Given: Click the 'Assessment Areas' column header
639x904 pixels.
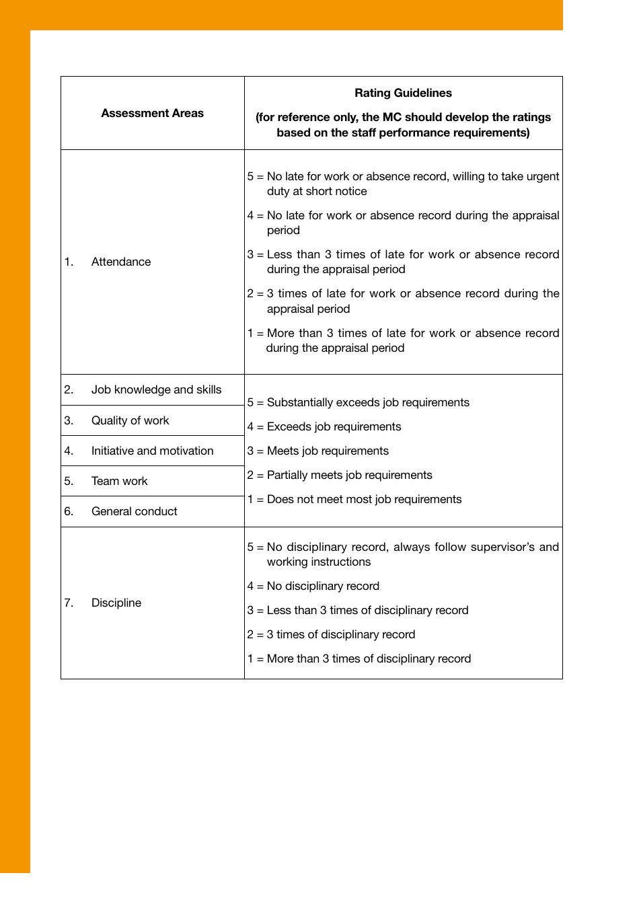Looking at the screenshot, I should coord(152,113).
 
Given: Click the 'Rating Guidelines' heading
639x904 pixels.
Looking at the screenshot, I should coord(403,93).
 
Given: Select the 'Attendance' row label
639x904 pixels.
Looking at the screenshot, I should coord(121,262).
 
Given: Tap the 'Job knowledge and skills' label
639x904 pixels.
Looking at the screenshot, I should coord(156,389).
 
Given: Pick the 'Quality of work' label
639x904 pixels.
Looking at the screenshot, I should coord(130,420).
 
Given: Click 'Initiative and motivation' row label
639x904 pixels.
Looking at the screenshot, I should coord(152,451).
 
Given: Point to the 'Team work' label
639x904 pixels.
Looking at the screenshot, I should coord(119,481).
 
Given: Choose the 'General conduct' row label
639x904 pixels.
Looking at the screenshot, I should coord(134,511).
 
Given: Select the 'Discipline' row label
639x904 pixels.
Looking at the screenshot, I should coord(116,603).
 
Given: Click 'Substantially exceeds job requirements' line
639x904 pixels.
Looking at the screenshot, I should coord(368,402).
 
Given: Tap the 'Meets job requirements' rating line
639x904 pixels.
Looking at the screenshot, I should coord(328,451).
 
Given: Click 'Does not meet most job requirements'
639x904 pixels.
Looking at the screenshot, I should coord(364,499).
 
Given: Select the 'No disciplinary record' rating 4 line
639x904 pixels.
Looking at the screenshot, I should coord(323,586).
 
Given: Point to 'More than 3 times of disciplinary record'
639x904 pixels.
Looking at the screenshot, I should coord(369,658).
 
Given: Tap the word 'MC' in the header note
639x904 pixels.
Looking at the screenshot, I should coord(391,117).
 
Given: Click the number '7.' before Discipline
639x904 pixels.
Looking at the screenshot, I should coord(69,603).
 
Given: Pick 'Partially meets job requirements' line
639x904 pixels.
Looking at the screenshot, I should coord(349,475).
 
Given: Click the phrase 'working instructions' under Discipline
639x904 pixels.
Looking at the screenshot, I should coord(319,562).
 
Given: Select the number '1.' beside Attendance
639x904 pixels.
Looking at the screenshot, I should coord(69,262).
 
